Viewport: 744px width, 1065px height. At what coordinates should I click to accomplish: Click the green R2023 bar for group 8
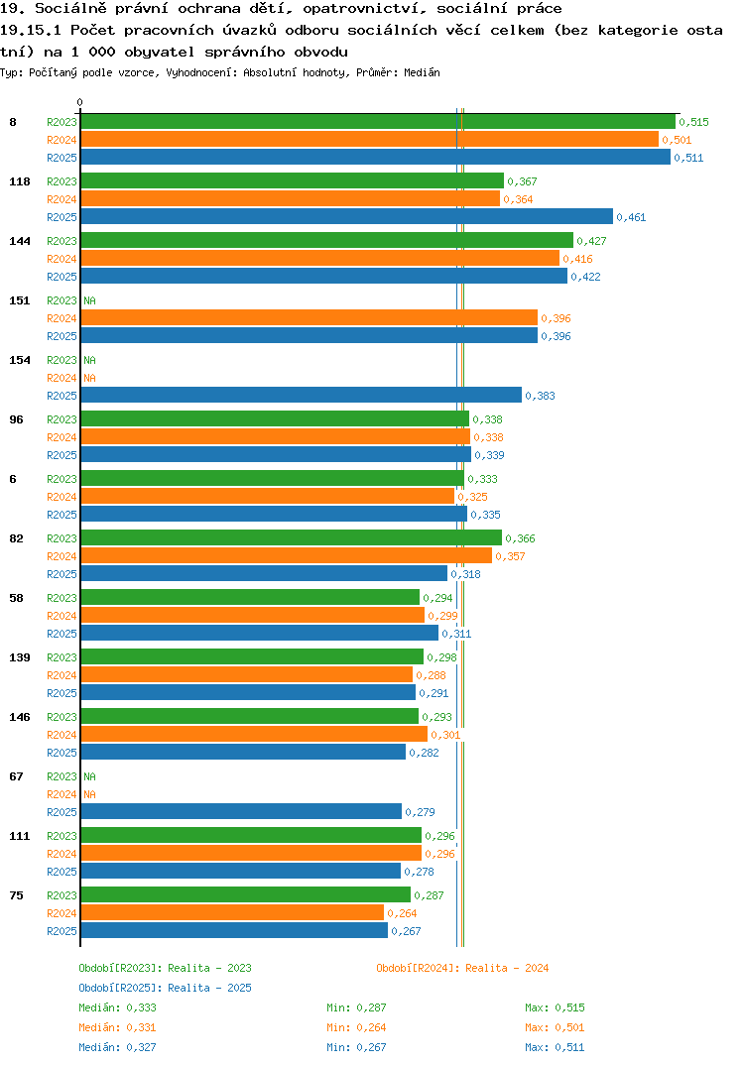click(378, 122)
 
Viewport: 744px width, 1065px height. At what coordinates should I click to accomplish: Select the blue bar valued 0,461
click(346, 216)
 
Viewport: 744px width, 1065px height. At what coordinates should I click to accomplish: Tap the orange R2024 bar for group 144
click(320, 258)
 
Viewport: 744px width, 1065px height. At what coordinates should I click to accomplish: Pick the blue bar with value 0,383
click(301, 396)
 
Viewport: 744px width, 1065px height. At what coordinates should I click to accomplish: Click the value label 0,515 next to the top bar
click(693, 122)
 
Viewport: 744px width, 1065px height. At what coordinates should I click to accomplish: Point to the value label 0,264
click(402, 913)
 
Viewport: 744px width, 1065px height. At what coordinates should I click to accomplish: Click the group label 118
click(20, 181)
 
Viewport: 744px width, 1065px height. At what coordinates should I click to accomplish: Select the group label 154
click(20, 360)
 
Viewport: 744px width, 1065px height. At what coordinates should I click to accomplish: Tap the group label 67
click(16, 776)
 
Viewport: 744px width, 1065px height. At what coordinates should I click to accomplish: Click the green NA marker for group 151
click(89, 300)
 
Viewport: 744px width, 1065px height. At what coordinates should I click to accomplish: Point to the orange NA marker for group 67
click(89, 794)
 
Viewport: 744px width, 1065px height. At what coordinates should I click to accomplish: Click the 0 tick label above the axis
click(80, 102)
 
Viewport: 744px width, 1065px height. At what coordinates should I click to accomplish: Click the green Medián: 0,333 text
click(117, 1007)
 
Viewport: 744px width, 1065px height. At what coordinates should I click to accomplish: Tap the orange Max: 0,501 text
click(555, 1027)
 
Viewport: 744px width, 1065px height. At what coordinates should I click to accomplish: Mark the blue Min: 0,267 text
click(356, 1047)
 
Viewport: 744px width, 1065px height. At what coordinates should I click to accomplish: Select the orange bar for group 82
click(286, 555)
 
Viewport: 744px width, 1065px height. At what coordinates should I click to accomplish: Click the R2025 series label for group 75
click(62, 931)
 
